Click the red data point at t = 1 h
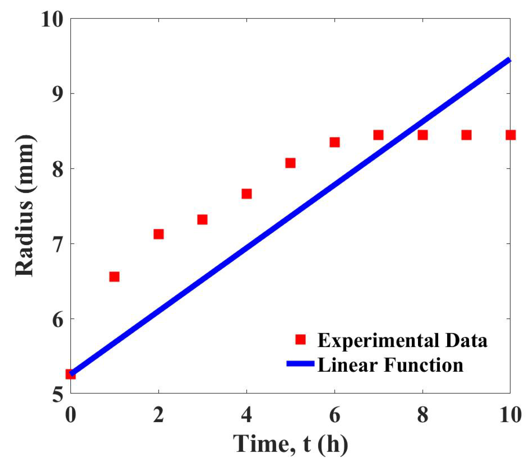point(114,277)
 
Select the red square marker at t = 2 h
point(158,234)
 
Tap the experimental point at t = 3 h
point(202,219)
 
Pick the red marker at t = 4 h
point(246,194)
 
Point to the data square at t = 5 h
point(290,163)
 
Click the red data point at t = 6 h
point(334,142)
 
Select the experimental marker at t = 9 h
point(466,135)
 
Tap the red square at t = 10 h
point(510,135)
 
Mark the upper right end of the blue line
point(509,60)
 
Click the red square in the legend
point(300,340)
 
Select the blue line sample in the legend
point(300,364)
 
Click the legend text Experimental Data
point(402,340)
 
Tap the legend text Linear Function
point(390,365)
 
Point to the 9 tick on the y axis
point(58,93)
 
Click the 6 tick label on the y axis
point(58,319)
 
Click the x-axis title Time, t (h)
point(290,444)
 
